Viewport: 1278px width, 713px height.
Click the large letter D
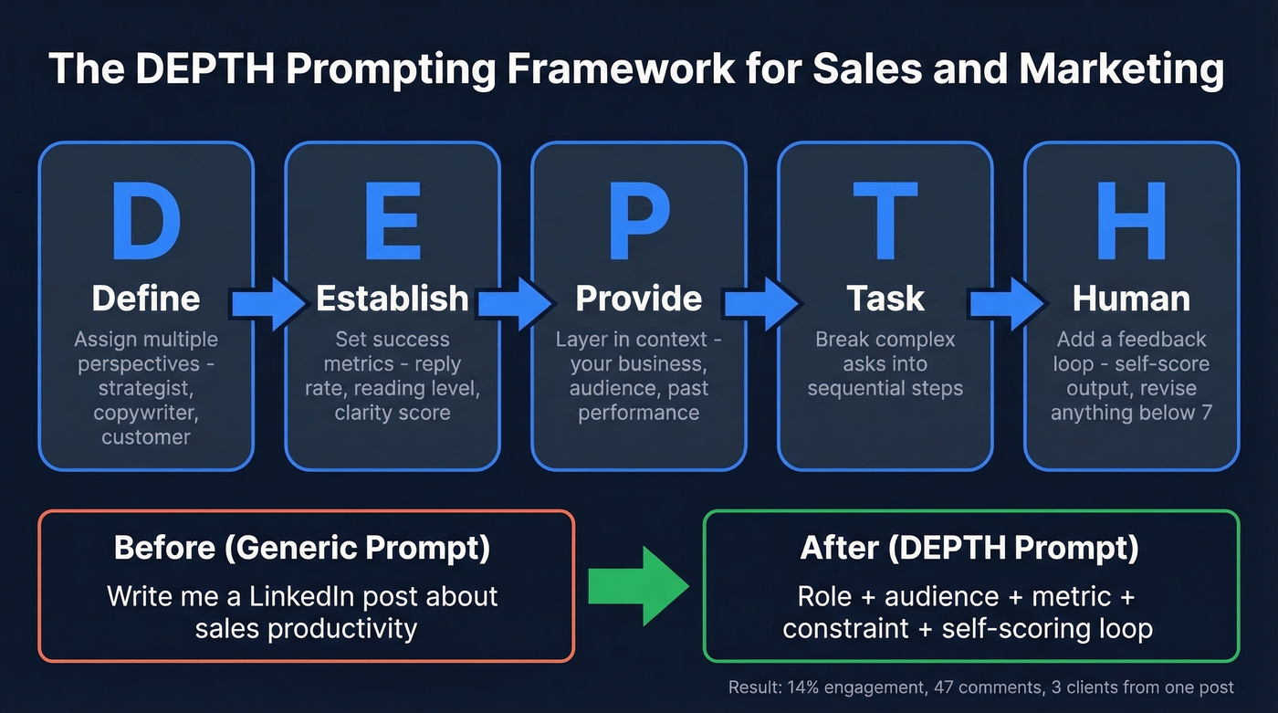click(146, 221)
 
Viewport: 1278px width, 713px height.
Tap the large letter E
click(392, 221)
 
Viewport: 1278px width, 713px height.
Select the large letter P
click(639, 221)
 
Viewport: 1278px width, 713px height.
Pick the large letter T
click(885, 221)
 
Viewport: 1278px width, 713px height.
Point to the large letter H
click(1131, 221)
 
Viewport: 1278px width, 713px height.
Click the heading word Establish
click(393, 299)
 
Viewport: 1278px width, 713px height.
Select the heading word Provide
click(639, 299)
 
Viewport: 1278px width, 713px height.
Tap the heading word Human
click(1131, 299)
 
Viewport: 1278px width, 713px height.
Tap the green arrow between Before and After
click(638, 586)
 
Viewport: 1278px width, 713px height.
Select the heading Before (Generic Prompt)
click(302, 548)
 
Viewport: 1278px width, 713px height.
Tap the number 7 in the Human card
click(1206, 413)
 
